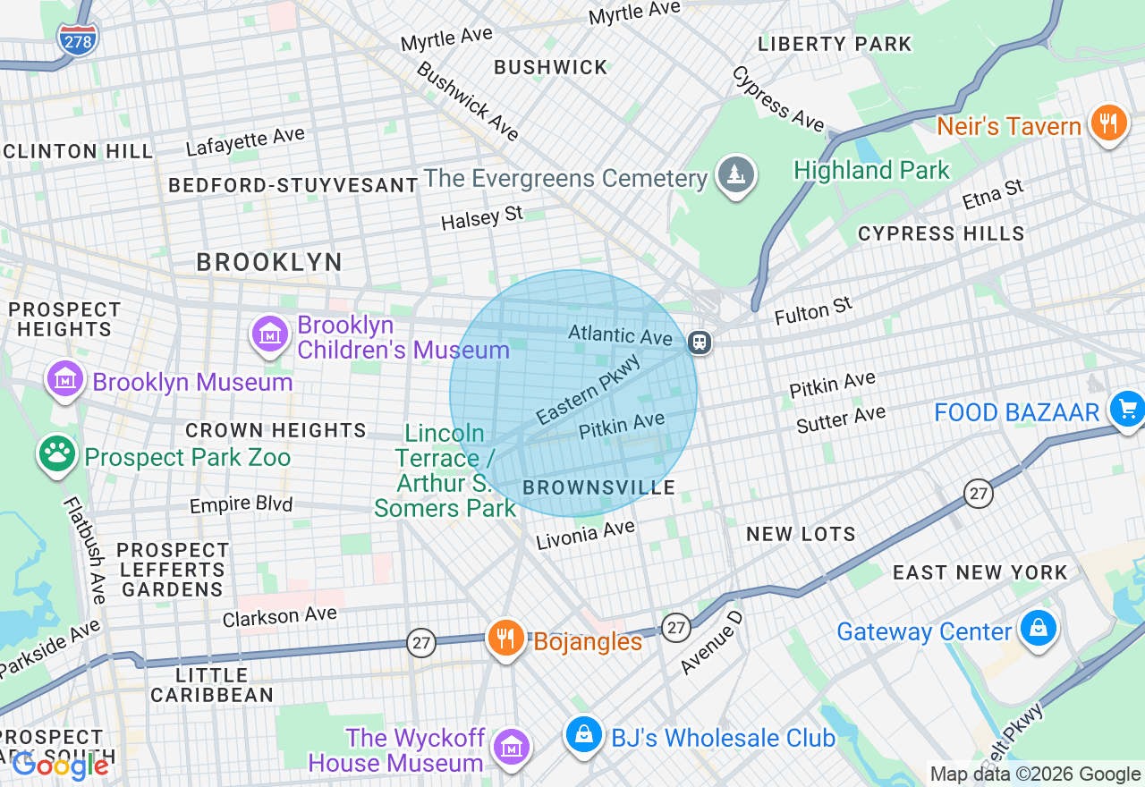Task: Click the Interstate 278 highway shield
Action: point(78,39)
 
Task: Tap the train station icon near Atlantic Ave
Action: point(700,342)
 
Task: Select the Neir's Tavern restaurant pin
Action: point(1108,123)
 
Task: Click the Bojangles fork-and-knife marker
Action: point(505,639)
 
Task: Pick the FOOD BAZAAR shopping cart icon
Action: point(1126,410)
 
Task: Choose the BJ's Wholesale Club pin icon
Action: point(583,734)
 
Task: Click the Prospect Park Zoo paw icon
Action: point(57,454)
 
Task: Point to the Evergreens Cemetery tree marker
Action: point(735,174)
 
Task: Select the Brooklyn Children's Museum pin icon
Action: point(269,334)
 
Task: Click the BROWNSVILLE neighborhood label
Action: point(599,487)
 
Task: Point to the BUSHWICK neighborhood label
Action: point(550,67)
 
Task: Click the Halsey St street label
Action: point(481,217)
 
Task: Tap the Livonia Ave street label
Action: point(585,535)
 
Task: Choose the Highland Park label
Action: point(871,170)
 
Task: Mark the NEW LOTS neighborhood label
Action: point(801,534)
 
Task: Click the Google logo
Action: point(61,766)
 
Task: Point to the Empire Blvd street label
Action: point(241,504)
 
